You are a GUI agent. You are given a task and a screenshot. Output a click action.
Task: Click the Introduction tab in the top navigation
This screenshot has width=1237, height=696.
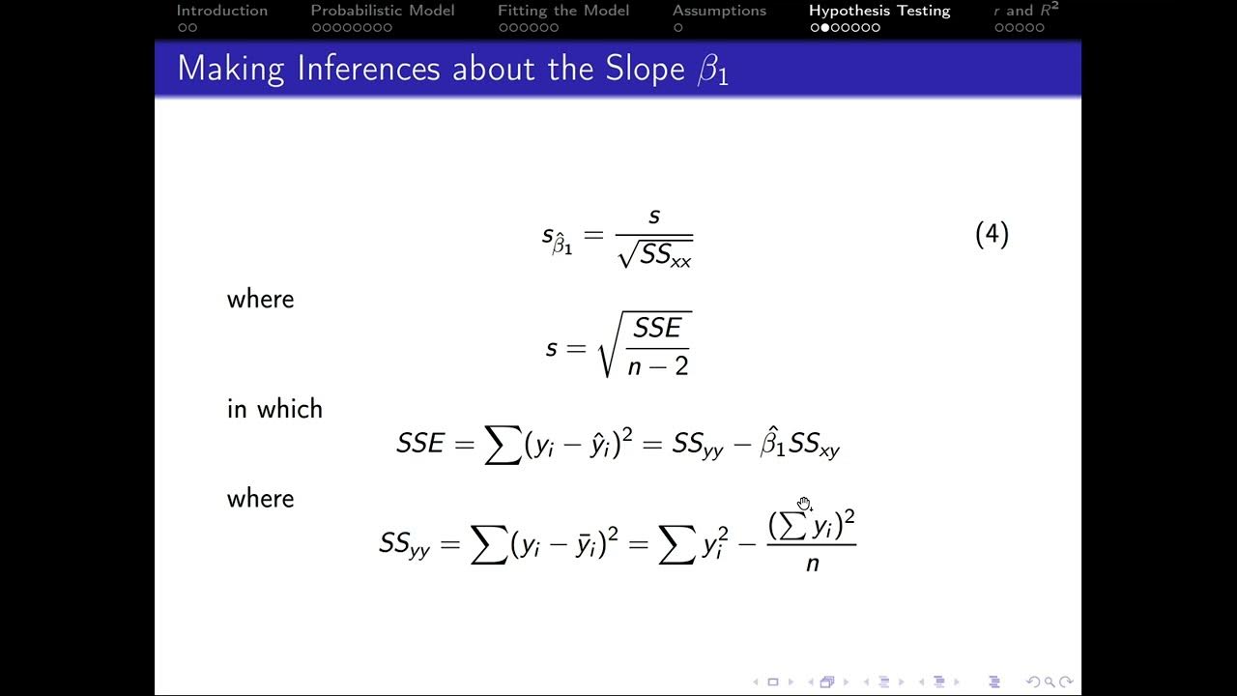coord(221,11)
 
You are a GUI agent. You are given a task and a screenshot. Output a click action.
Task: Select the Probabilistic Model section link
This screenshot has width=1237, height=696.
coord(382,11)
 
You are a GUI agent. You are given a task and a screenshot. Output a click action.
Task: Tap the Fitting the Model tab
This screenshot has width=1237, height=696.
coord(562,11)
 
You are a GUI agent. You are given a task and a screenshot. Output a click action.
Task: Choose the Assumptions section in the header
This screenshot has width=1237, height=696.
coord(719,11)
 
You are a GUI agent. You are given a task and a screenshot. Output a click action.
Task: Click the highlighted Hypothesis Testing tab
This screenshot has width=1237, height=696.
coord(879,11)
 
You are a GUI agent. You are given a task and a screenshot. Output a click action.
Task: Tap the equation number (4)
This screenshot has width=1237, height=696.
coord(992,235)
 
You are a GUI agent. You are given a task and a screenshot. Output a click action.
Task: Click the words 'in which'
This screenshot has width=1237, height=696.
coord(274,409)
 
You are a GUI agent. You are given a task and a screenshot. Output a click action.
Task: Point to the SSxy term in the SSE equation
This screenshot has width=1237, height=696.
coord(814,445)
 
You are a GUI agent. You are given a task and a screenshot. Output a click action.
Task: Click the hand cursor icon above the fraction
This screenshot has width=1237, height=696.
coord(804,504)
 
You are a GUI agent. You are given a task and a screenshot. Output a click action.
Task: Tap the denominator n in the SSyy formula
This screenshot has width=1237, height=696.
coord(812,563)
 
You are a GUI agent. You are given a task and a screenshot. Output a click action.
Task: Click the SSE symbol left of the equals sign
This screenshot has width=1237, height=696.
coord(419,444)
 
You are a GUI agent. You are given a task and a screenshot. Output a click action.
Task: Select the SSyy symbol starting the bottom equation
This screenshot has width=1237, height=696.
coord(404,544)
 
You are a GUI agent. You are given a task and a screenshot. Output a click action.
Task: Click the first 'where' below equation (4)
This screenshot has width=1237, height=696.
coord(260,300)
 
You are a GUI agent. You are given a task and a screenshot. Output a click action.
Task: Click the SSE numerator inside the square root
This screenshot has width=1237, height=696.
coord(657,329)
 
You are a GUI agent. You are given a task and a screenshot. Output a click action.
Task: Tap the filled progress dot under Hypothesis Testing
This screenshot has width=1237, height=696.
coord(824,28)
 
